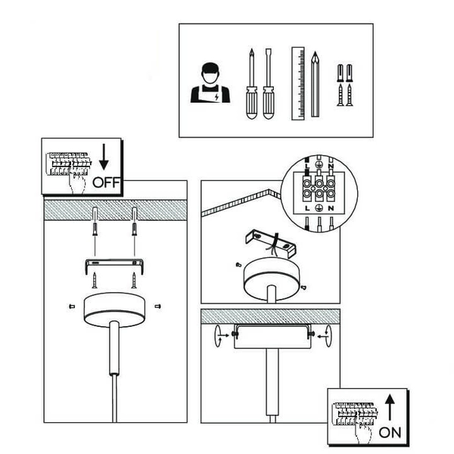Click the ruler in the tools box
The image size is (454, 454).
[298, 83]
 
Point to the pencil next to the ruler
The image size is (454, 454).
[315, 84]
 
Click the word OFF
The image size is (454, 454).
[106, 182]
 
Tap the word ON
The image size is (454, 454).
[390, 433]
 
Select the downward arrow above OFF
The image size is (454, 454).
[104, 157]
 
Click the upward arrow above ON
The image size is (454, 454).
[390, 407]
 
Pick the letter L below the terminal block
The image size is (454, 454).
[307, 208]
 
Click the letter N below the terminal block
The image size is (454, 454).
[331, 208]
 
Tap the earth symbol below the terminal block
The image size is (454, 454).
[319, 208]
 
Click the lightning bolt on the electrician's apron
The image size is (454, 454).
[216, 98]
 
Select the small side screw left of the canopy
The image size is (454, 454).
[72, 306]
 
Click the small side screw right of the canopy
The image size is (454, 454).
[158, 306]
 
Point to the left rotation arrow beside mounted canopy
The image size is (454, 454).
[218, 336]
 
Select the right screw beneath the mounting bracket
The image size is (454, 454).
[134, 280]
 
